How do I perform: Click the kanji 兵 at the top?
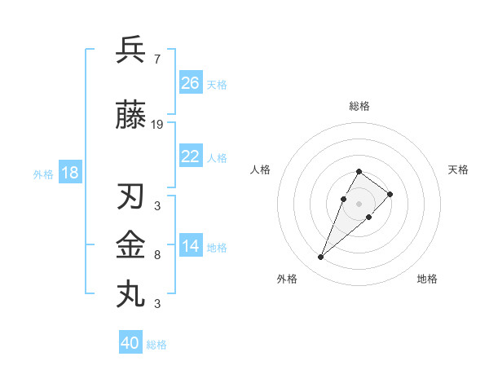(131, 51)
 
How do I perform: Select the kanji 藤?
(131, 116)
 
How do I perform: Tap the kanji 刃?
(131, 197)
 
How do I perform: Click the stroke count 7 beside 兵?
(156, 59)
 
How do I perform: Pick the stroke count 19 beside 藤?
(157, 125)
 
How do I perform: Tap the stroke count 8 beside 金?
(156, 255)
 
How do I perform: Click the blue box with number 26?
(190, 83)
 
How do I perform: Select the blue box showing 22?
(190, 156)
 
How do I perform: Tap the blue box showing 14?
(190, 246)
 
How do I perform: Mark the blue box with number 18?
(69, 173)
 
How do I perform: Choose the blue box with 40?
(130, 343)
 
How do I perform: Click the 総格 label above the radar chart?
(359, 106)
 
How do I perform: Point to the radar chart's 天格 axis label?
(458, 169)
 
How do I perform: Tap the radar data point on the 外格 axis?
(320, 258)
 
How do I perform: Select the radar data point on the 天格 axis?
(390, 194)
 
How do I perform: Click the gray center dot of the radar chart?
(359, 204)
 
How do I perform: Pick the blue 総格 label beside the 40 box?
(156, 345)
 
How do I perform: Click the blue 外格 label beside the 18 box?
(42, 174)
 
